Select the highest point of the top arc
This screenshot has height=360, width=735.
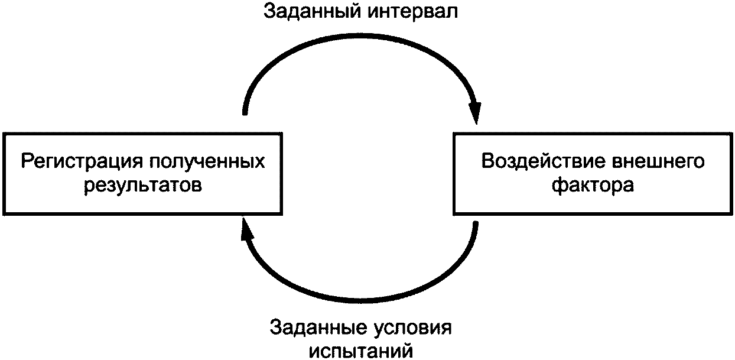360,41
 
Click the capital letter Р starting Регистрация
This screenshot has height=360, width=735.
27,161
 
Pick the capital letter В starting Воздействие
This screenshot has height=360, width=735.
488,161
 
